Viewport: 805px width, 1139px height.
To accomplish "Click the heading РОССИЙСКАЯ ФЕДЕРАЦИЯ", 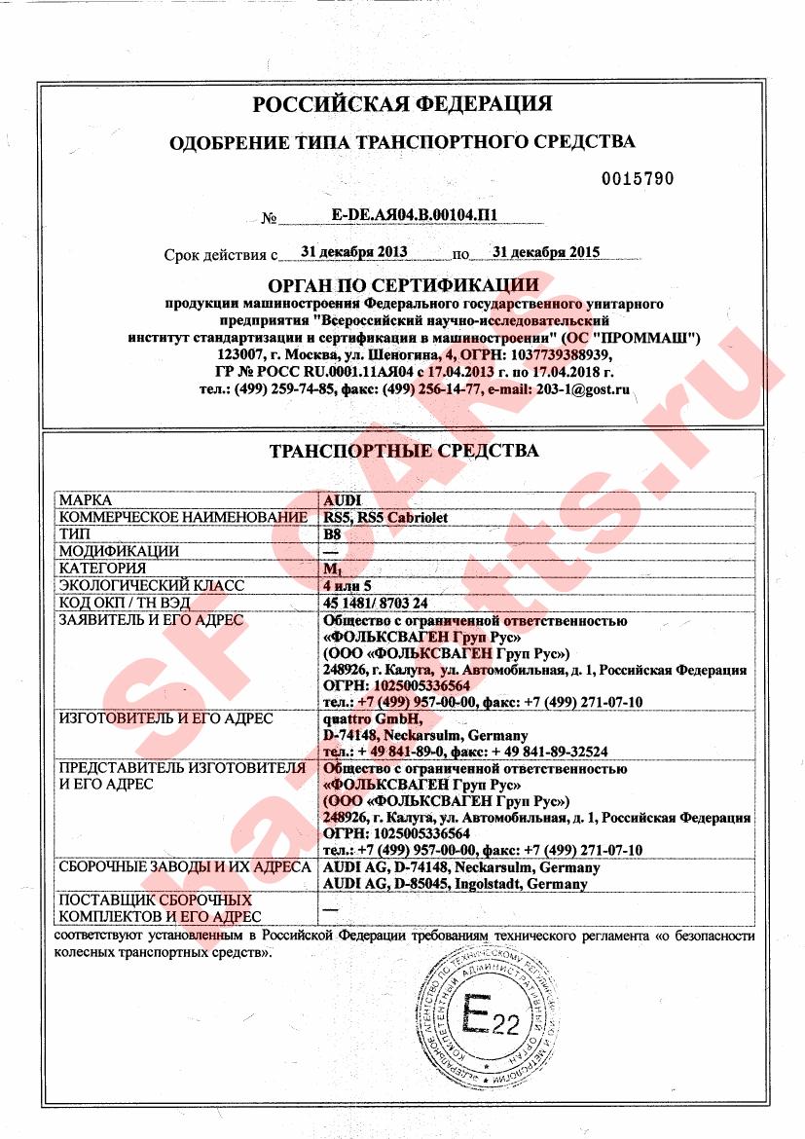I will [x=402, y=104].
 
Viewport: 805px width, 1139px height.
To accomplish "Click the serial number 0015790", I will [x=638, y=179].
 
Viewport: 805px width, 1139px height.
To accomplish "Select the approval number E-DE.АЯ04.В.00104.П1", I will [x=407, y=216].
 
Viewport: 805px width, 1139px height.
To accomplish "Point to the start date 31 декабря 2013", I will [x=354, y=252].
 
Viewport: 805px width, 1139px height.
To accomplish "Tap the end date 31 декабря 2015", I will [x=546, y=252].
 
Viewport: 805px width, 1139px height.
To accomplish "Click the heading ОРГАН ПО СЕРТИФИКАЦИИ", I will [x=402, y=285].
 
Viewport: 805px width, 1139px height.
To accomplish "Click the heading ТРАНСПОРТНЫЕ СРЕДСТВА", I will [x=402, y=452].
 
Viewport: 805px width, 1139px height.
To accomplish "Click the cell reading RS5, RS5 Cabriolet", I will [x=384, y=517].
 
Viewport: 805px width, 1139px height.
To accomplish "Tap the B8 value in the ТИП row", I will [x=331, y=534].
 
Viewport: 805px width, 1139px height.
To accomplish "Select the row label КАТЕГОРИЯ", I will [x=102, y=569].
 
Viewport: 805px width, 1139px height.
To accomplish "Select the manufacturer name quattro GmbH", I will [x=359, y=719].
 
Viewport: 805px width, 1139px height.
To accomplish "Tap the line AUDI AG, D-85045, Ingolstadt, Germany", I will [x=454, y=884].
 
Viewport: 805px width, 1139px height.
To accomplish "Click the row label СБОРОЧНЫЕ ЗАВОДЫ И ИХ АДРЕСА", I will [x=185, y=867].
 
